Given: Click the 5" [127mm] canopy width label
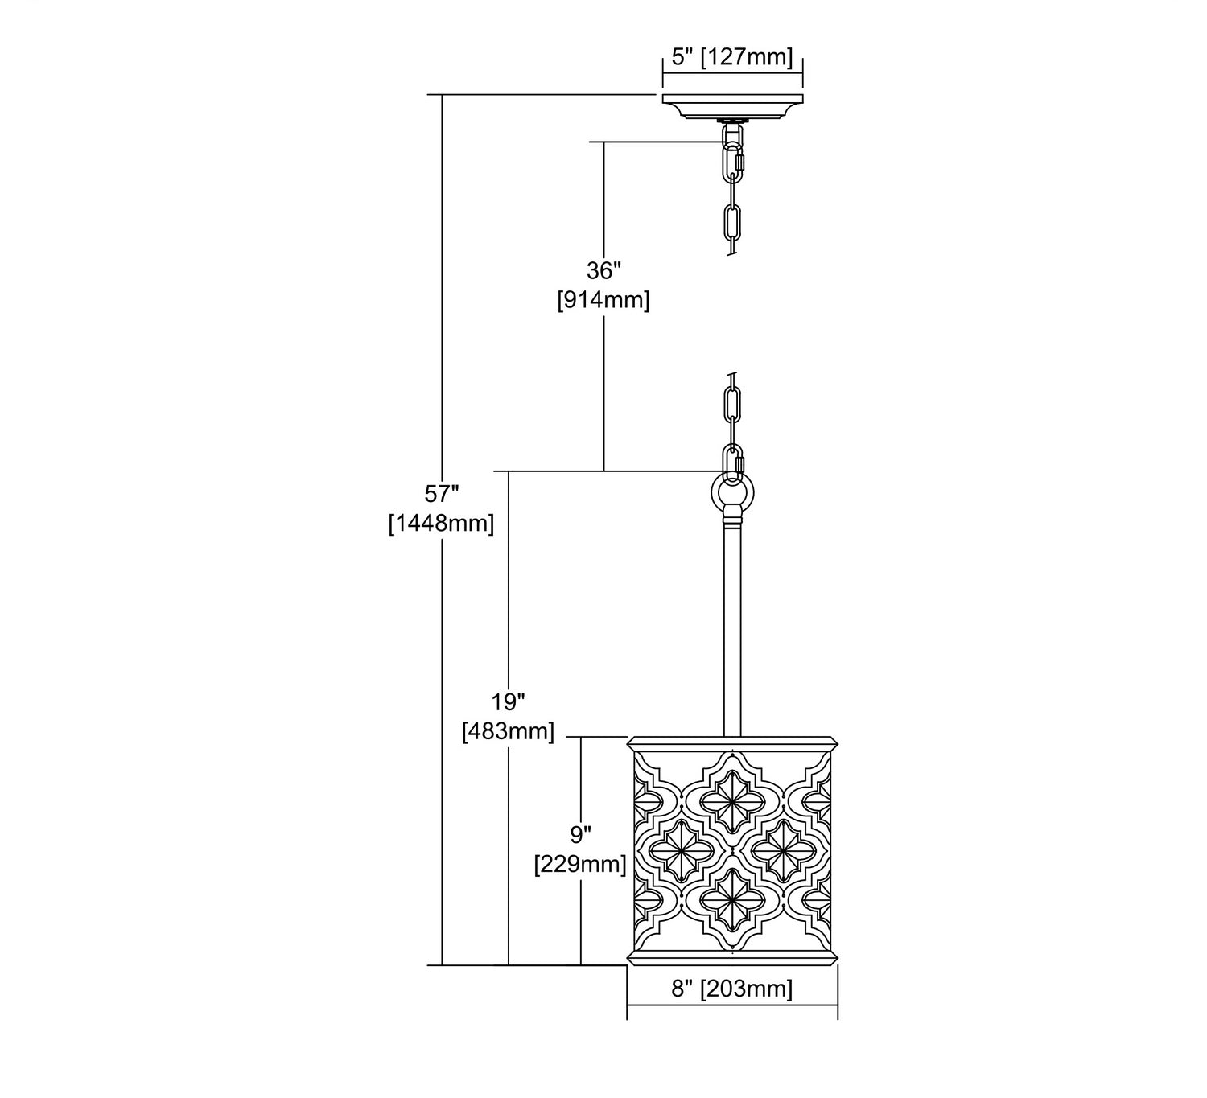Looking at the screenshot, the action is click(732, 57).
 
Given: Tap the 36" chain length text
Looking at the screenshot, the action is click(603, 271).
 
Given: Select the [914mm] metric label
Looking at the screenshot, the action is click(603, 299).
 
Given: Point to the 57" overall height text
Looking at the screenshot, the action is click(442, 494).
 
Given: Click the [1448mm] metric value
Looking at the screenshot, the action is click(442, 523).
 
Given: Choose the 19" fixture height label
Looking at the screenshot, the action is click(509, 702).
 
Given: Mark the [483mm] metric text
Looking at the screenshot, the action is click(509, 731).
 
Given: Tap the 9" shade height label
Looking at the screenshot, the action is click(581, 834).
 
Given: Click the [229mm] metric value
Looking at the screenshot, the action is click(581, 864).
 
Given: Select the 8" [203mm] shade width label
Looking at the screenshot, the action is click(732, 989).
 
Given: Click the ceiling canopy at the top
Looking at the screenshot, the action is click(732, 106).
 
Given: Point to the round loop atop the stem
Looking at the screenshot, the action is click(732, 493).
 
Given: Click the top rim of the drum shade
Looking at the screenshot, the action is click(732, 743).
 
